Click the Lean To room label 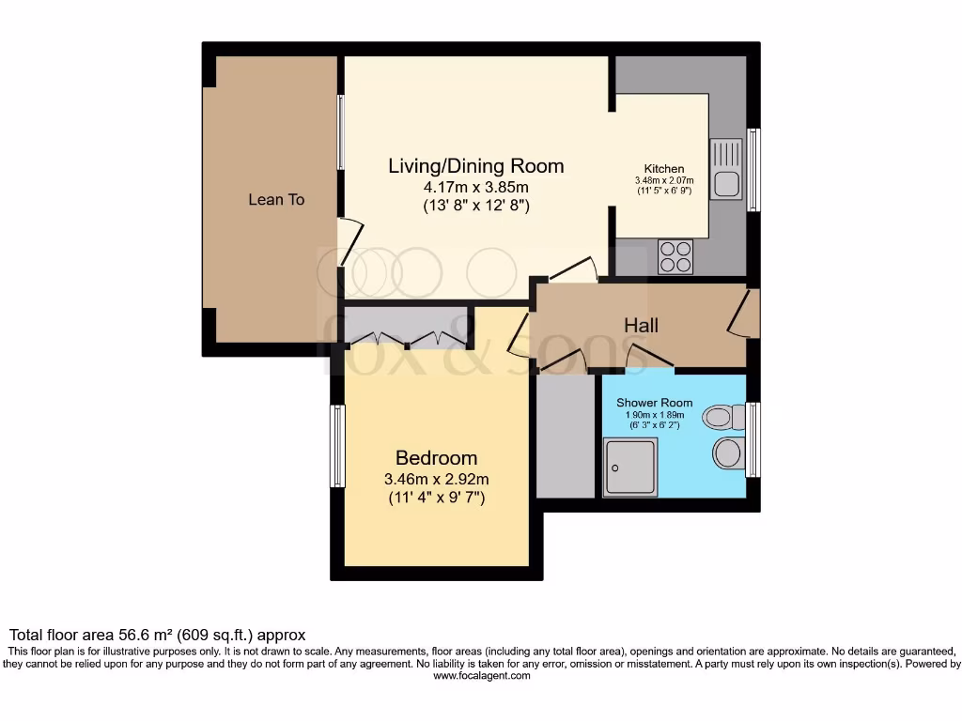[276, 200]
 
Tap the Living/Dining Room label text [476, 166]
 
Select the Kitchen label [663, 169]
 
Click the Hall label [641, 326]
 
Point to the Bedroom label [436, 458]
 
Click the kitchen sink [726, 169]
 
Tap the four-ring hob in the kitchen [676, 256]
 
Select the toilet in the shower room [723, 415]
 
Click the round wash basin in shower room [728, 453]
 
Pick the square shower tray [630, 468]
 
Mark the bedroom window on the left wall [337, 446]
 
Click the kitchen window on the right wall [753, 169]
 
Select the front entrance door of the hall [745, 312]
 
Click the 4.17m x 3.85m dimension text [476, 187]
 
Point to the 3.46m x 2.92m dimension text [436, 479]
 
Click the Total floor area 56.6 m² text [157, 635]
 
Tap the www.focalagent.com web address [481, 675]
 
